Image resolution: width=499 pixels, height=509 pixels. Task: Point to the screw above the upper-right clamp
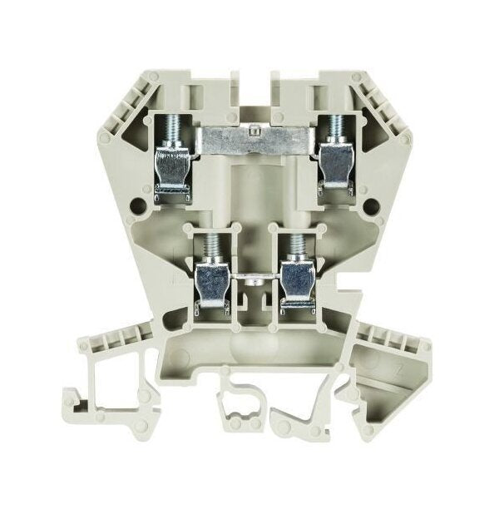[338, 126]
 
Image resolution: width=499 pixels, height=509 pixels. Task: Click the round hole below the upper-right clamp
[358, 197]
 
